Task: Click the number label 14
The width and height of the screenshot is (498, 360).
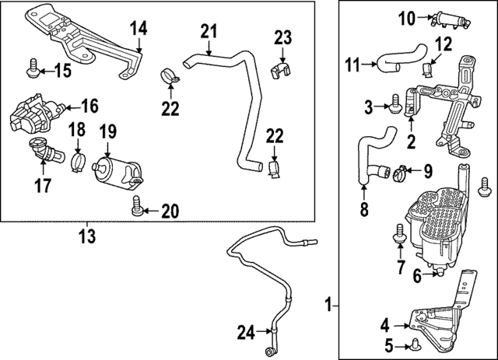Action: coord(138,30)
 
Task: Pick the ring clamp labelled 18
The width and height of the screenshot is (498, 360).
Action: coord(78,161)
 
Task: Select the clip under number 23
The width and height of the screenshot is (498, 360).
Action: coord(282,72)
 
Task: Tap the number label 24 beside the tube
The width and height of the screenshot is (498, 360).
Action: coord(245,334)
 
